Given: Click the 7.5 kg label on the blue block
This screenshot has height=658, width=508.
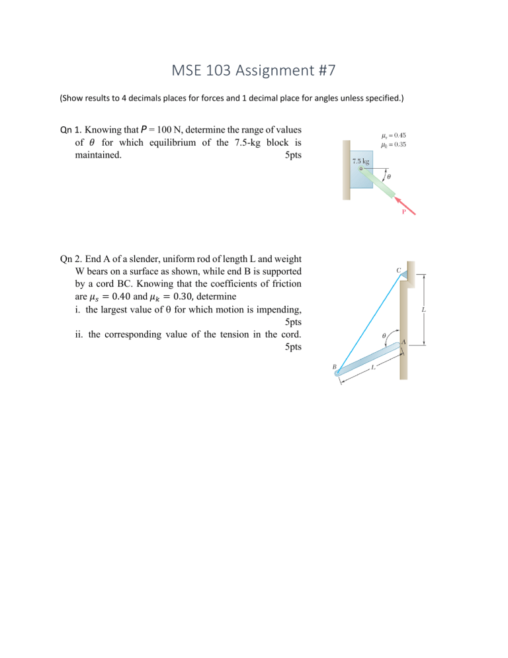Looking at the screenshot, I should click(x=360, y=161).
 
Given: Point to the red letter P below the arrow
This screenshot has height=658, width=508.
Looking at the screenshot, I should click(x=404, y=213).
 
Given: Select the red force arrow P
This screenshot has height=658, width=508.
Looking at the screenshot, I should click(x=409, y=204).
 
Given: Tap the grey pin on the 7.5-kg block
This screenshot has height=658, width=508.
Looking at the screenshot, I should click(x=361, y=169).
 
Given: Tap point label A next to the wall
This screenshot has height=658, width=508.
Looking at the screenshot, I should click(x=403, y=342).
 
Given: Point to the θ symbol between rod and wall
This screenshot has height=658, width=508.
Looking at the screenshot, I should click(x=385, y=336).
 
